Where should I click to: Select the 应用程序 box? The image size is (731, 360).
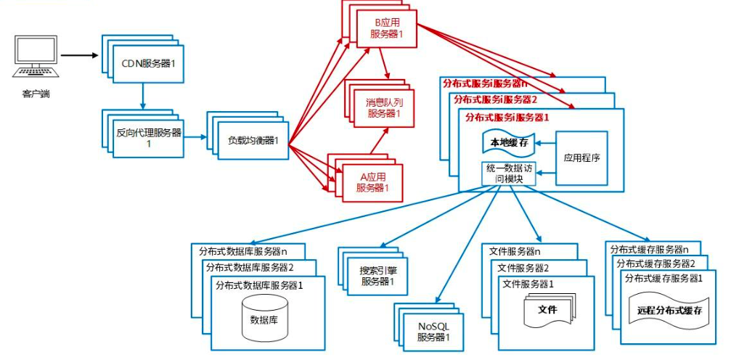click(581, 156)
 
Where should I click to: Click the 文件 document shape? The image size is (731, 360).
click(547, 311)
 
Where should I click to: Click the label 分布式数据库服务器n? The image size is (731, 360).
click(243, 252)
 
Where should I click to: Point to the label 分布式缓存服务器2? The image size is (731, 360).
click(656, 263)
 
